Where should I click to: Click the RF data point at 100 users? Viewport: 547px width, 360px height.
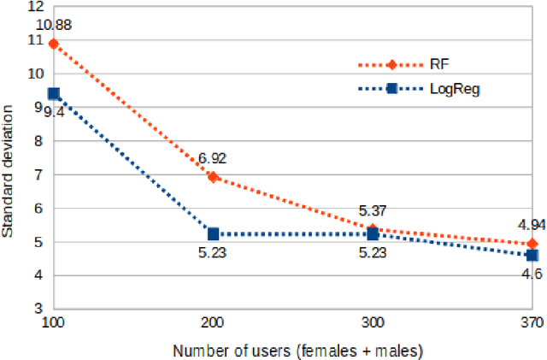[x=54, y=44]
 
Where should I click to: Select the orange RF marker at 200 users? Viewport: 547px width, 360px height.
[x=213, y=177]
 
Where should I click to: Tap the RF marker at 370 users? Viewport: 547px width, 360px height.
[x=532, y=244]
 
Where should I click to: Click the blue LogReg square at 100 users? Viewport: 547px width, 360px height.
[x=54, y=93]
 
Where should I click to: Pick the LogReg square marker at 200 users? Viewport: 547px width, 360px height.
[x=213, y=233]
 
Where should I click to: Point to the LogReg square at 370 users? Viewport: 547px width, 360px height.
[x=532, y=255]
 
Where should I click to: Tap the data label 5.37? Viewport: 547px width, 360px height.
[x=372, y=210]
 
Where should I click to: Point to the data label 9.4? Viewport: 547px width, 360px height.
[x=54, y=111]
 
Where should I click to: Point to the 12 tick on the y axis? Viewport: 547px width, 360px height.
[x=35, y=7]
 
